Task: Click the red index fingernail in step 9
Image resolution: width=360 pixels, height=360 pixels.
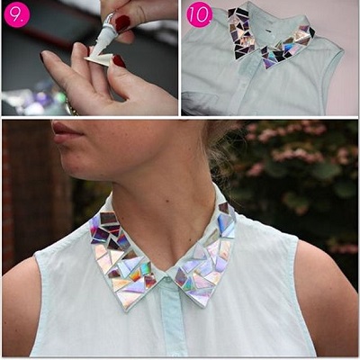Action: tap(119, 61)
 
